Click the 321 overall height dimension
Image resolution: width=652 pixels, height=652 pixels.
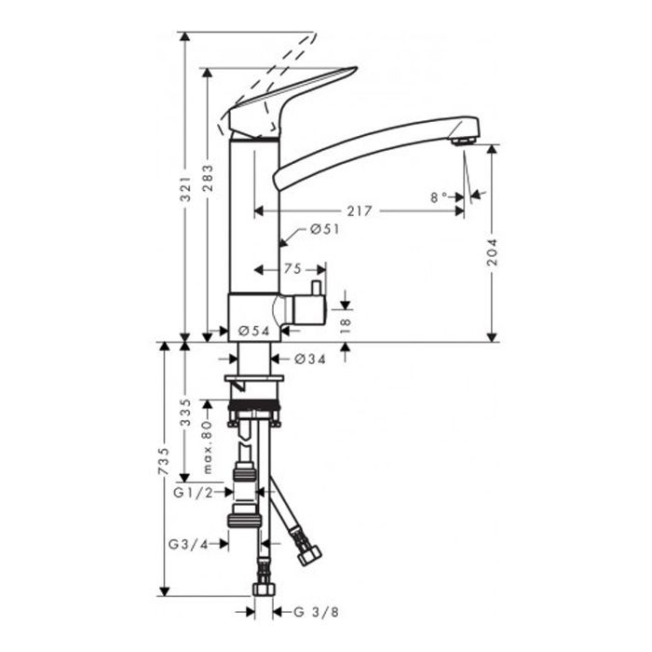[x=185, y=189]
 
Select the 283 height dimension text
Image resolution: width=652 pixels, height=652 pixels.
[x=208, y=179]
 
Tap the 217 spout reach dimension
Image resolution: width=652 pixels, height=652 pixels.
[x=360, y=211]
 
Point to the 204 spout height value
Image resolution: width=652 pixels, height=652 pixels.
[x=493, y=252]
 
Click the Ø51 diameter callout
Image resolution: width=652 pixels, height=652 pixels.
[x=325, y=229]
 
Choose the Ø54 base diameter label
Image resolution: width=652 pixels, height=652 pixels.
[x=254, y=331]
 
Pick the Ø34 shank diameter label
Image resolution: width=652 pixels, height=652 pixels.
[x=310, y=359]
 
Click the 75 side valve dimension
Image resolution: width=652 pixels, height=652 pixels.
[x=292, y=269]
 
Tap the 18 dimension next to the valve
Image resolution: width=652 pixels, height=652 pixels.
[x=346, y=326]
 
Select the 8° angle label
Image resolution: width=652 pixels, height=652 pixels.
[x=439, y=197]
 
